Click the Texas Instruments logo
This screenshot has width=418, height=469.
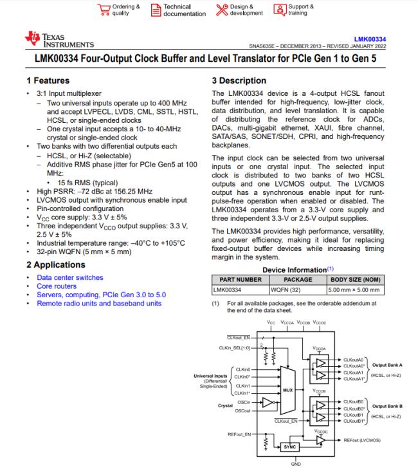(x=59, y=40)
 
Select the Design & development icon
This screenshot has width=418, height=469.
(x=222, y=10)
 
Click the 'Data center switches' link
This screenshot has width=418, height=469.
(x=70, y=278)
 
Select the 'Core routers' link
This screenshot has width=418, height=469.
(x=57, y=286)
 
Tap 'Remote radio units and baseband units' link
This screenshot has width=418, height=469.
(x=99, y=303)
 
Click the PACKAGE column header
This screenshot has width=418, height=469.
(x=298, y=280)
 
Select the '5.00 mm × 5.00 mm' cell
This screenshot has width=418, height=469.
(x=358, y=290)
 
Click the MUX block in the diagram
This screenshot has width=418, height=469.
(x=287, y=391)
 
